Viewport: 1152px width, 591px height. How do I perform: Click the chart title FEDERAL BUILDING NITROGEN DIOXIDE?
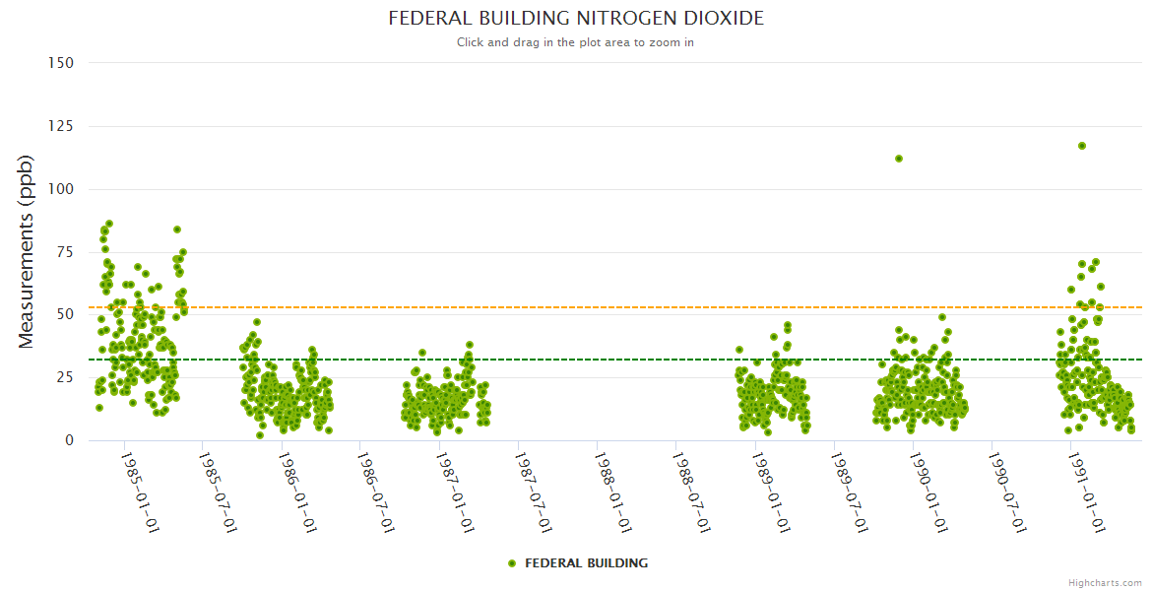(575, 19)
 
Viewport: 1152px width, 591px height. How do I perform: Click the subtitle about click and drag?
(575, 42)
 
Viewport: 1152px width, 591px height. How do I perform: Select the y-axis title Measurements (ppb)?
(27, 251)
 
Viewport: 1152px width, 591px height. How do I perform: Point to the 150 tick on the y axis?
(61, 63)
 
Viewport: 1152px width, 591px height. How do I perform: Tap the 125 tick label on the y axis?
(61, 126)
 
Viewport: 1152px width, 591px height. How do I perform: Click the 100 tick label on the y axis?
(61, 189)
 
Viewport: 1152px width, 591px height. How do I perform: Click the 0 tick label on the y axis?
(69, 440)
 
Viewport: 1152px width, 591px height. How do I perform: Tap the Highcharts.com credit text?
(1105, 582)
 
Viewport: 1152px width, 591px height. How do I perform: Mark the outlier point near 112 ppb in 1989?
(898, 159)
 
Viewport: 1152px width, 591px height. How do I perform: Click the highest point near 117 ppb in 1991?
(1081, 146)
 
